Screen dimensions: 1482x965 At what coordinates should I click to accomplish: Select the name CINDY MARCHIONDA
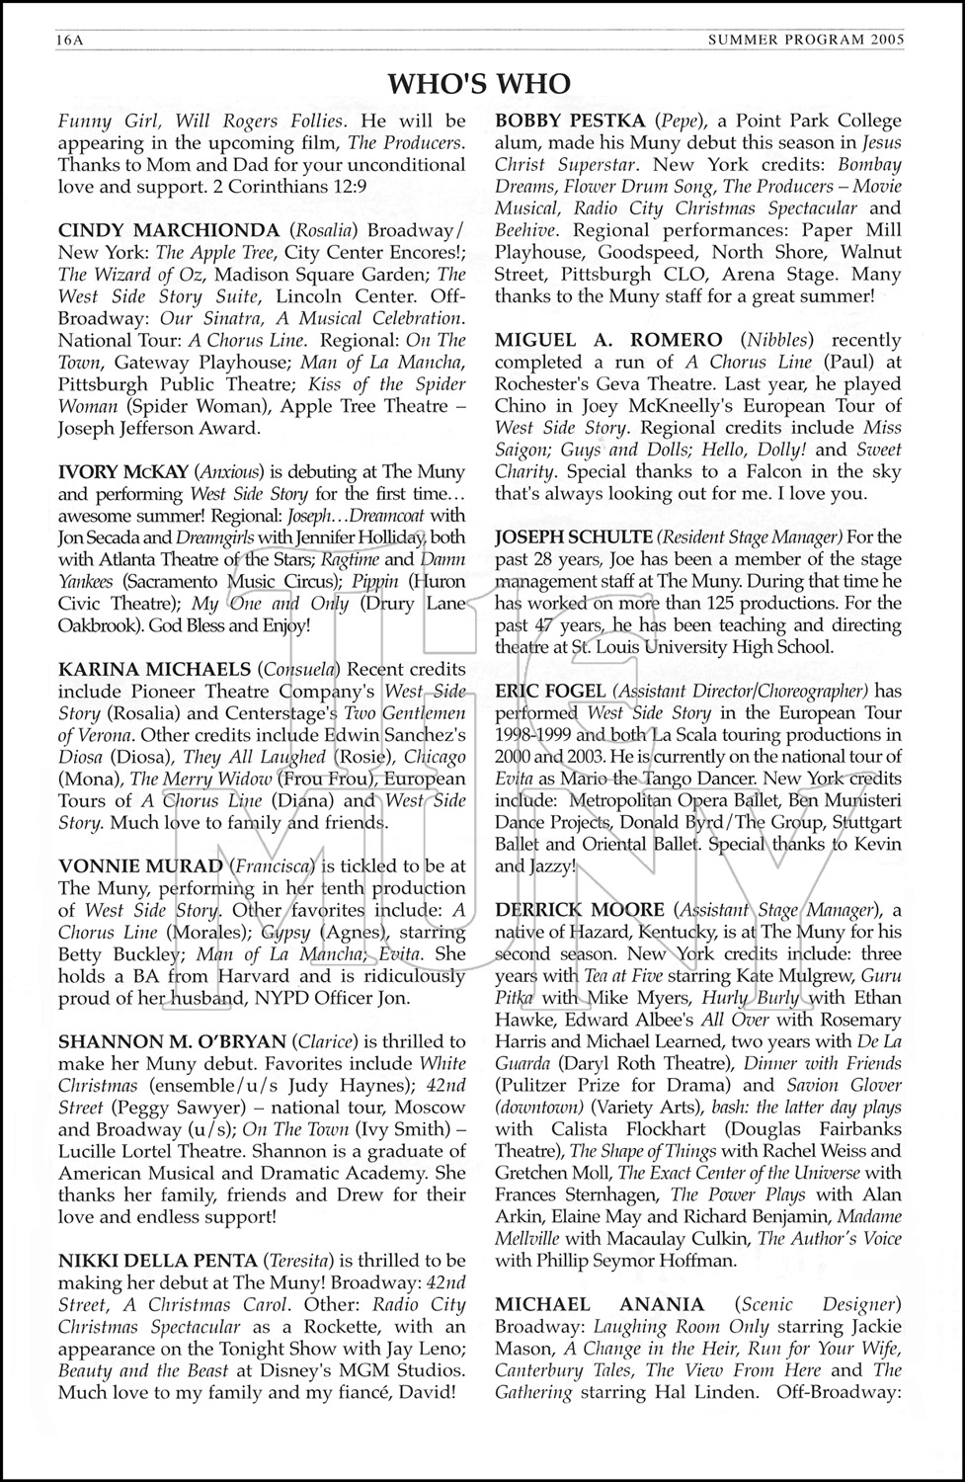[x=140, y=231]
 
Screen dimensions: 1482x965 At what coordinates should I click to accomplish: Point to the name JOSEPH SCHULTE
[x=574, y=537]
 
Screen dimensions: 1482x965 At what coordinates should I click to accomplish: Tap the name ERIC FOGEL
[x=547, y=691]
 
